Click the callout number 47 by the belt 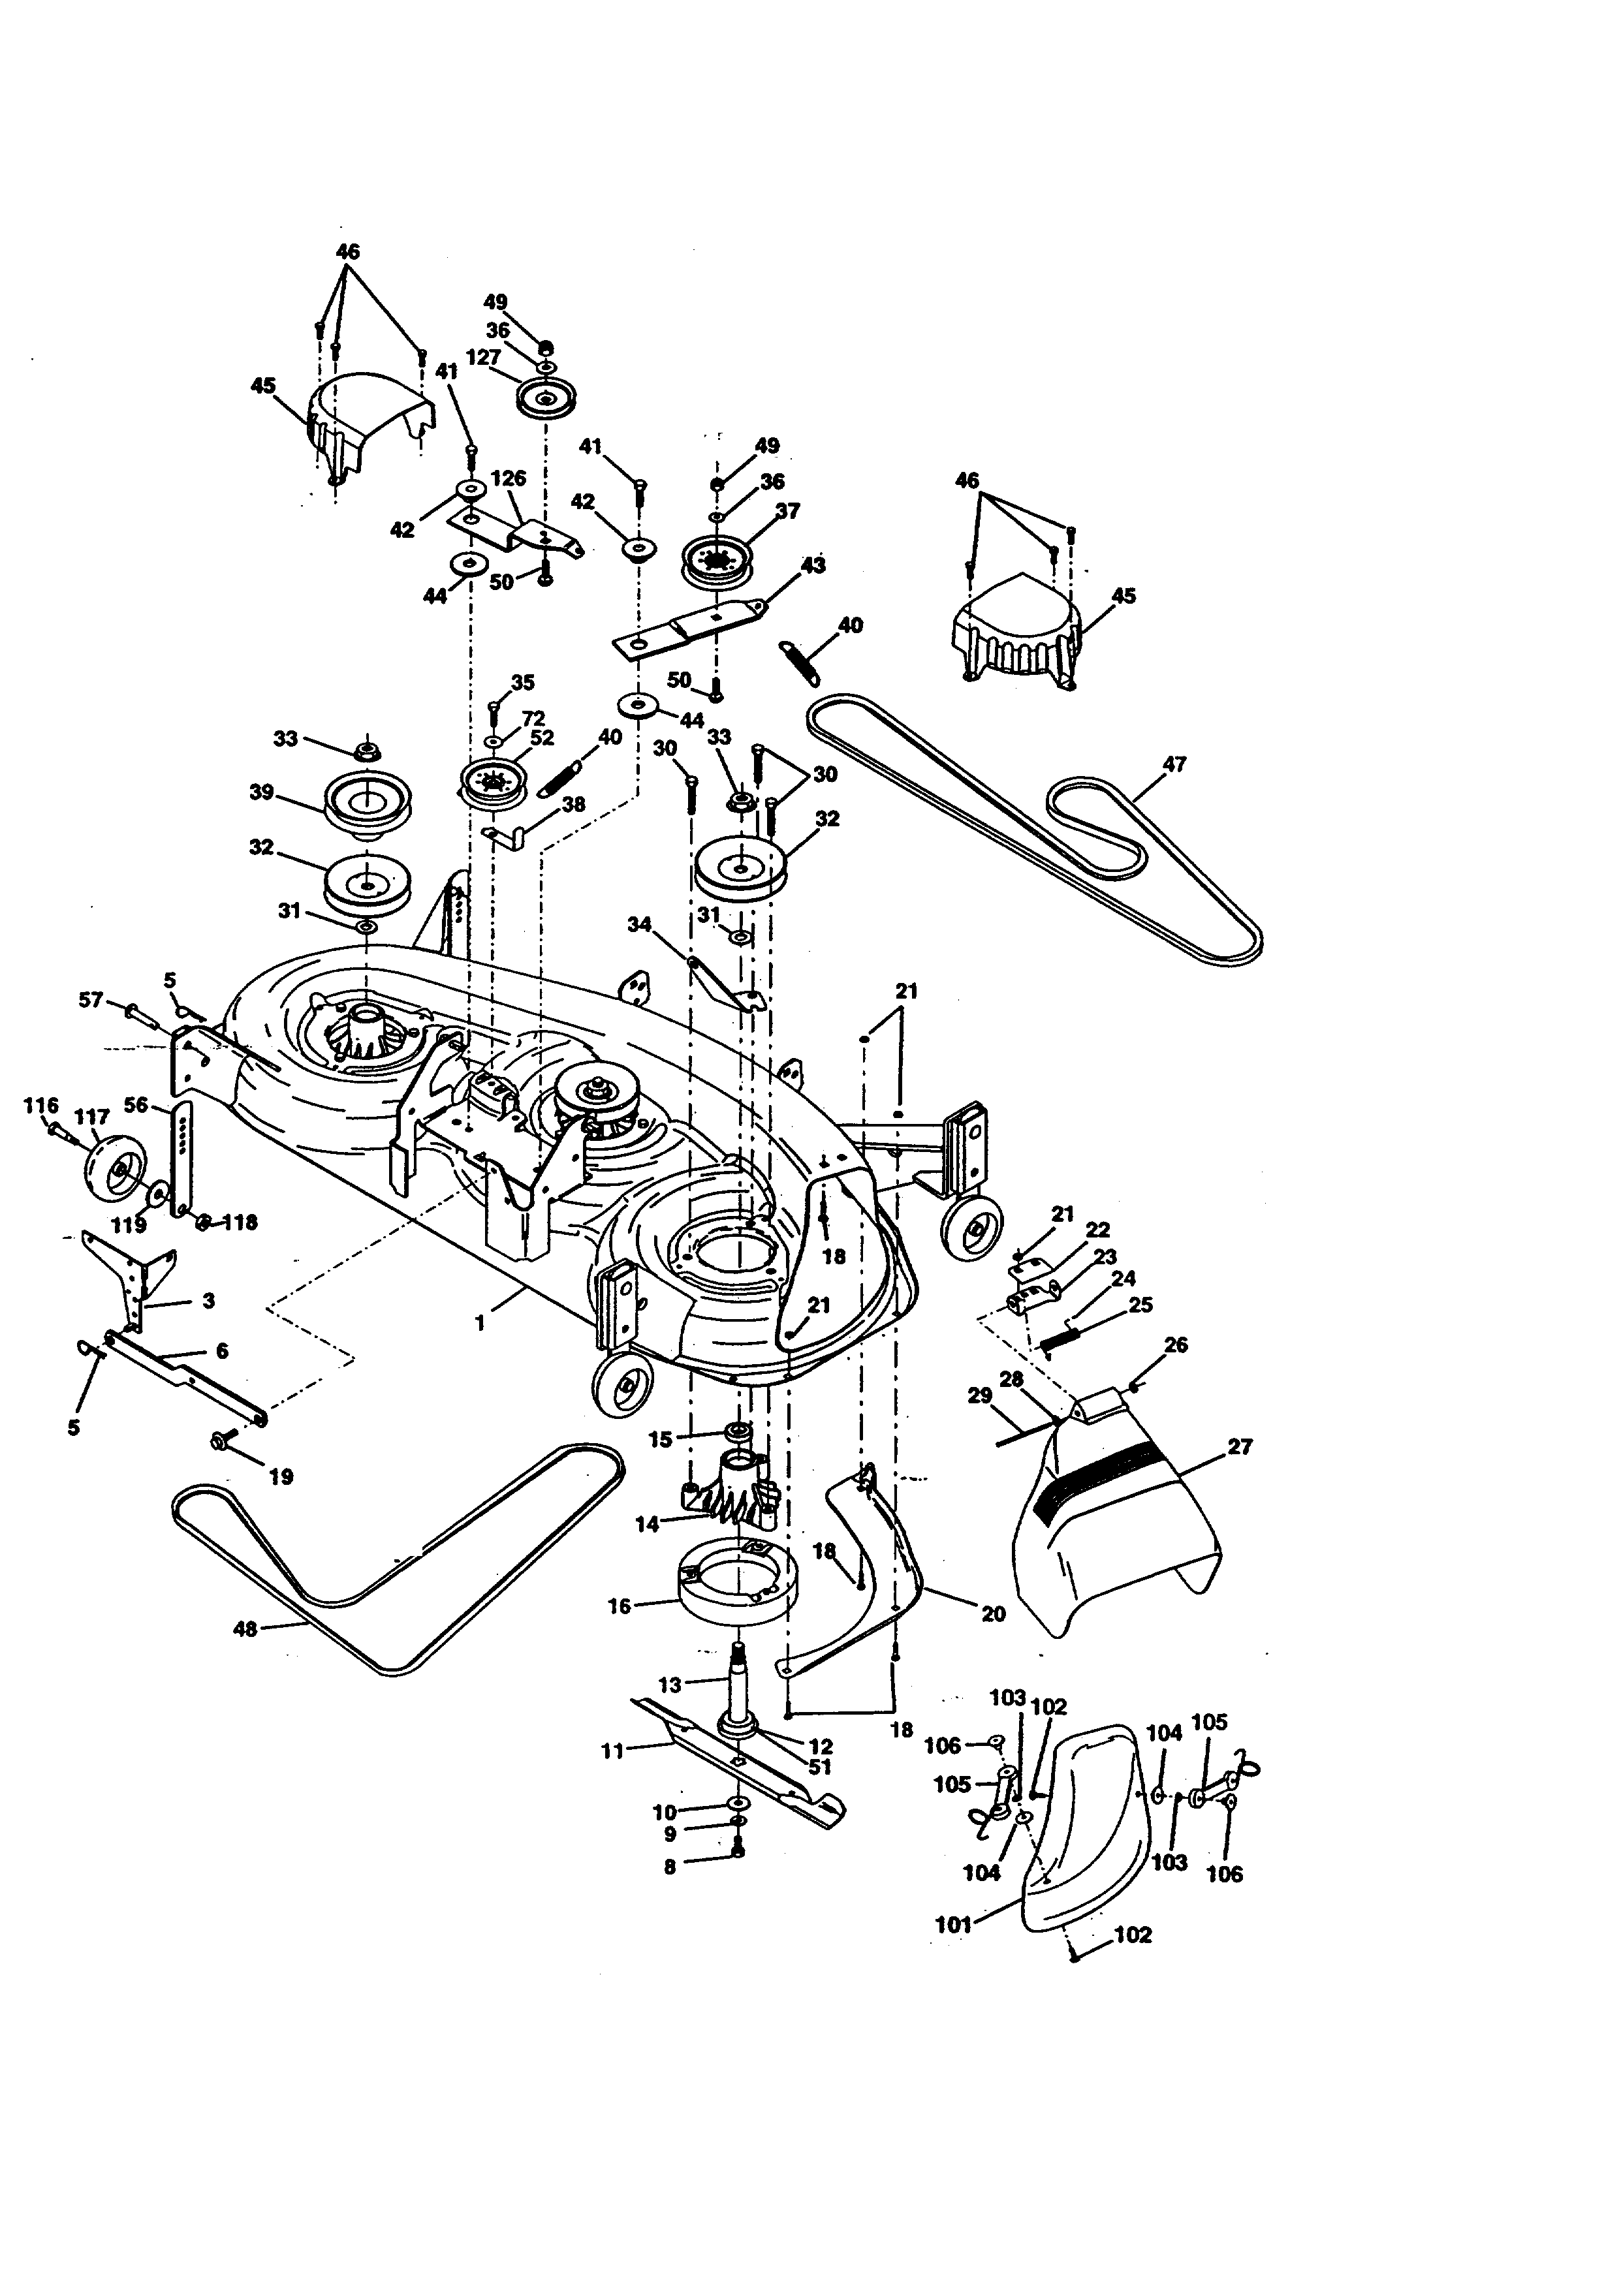(x=1174, y=765)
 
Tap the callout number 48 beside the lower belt (x=244, y=1629)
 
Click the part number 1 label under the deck (x=480, y=1324)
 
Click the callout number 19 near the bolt (x=282, y=1476)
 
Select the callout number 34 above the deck (x=639, y=924)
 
